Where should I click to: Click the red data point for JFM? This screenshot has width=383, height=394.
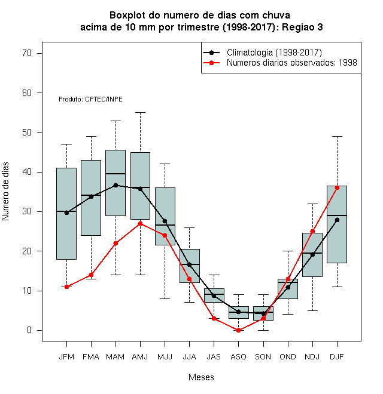66,287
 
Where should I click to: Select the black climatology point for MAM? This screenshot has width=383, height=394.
115,185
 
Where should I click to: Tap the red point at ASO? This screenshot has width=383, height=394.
238,330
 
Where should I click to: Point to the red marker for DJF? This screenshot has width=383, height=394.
337,187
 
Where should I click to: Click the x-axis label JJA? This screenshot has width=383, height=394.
189,357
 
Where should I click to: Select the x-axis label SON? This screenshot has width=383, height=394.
263,357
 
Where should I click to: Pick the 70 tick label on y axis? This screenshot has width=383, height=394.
27,53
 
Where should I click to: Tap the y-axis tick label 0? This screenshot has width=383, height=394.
29,330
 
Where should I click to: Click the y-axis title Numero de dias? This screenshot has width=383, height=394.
5,192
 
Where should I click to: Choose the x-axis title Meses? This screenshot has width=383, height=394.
201,377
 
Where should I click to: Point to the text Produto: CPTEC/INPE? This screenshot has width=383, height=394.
90,99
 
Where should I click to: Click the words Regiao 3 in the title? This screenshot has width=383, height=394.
302,27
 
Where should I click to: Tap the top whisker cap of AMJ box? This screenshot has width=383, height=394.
141,113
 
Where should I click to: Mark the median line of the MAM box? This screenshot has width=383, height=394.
115,174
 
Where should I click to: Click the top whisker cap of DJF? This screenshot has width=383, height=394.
337,137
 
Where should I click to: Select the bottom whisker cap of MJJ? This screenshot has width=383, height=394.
165,298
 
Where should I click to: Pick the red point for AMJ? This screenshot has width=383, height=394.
141,223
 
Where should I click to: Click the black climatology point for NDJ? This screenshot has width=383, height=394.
312,254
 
